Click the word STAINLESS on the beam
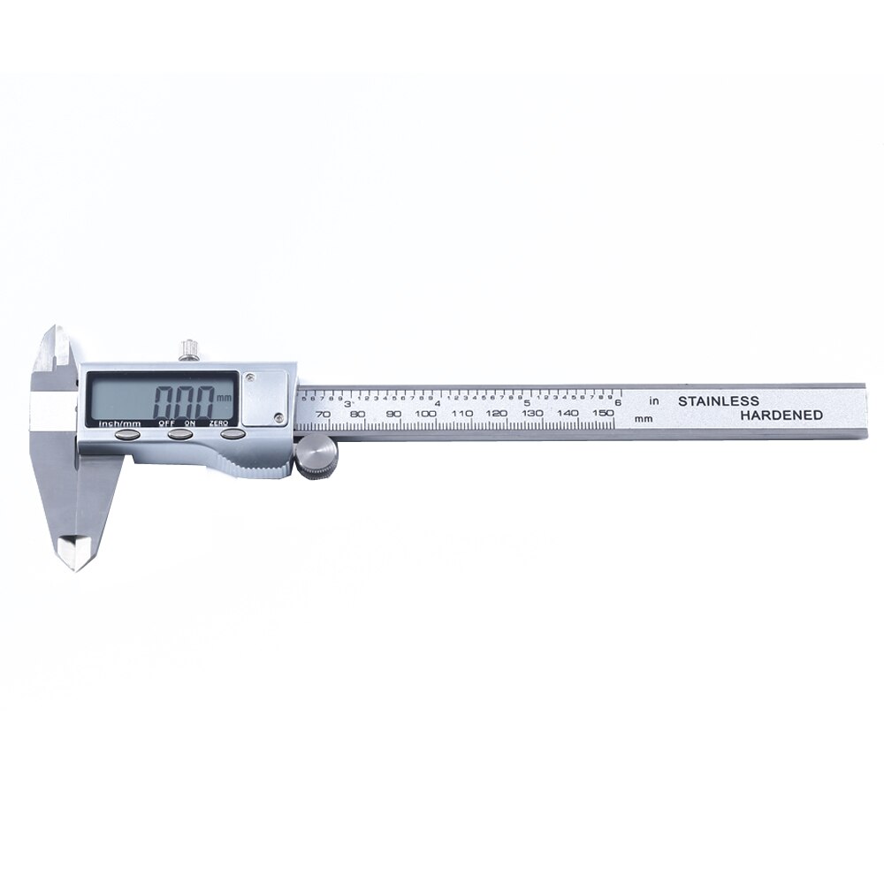tap(718, 400)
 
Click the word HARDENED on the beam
tap(781, 415)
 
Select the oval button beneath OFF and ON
tap(180, 433)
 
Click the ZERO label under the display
tap(221, 423)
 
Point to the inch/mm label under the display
tap(119, 423)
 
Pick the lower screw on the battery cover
tap(279, 417)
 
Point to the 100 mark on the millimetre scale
tap(426, 414)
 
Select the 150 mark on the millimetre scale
tap(604, 413)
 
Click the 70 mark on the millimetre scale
tap(323, 414)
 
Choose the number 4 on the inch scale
tap(438, 403)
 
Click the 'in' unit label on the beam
tap(654, 401)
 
